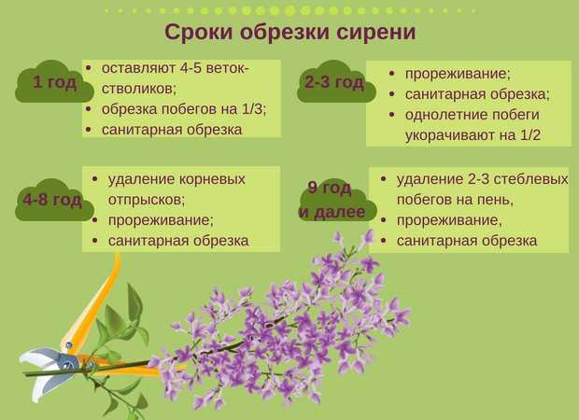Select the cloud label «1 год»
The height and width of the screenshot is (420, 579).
pyautogui.click(x=55, y=81)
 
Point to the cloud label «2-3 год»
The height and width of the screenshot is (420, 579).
pyautogui.click(x=334, y=81)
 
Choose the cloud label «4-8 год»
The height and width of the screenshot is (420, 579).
pyautogui.click(x=52, y=200)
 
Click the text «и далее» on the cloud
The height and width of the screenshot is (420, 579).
pyautogui.click(x=332, y=212)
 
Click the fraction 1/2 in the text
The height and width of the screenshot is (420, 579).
pyautogui.click(x=530, y=135)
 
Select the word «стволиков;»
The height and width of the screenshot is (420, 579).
pyautogui.click(x=139, y=89)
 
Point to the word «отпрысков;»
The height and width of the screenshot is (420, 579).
pyautogui.click(x=147, y=200)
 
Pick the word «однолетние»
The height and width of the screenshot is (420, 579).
pyautogui.click(x=442, y=115)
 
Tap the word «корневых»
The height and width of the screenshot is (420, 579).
pyautogui.click(x=212, y=179)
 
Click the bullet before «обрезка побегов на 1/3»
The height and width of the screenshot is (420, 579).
pyautogui.click(x=88, y=109)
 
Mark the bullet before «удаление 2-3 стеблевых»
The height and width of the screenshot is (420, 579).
pyautogui.click(x=383, y=179)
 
